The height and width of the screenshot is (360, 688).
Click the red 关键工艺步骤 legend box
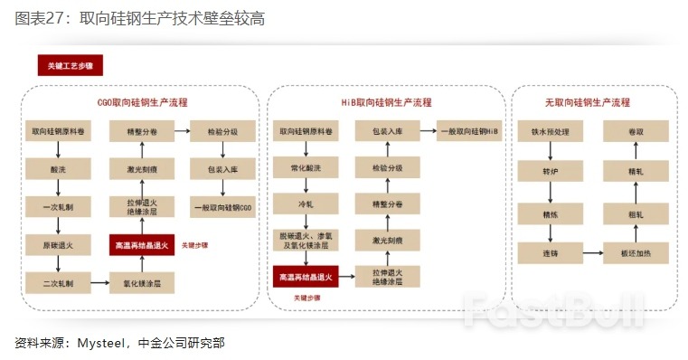(71, 66)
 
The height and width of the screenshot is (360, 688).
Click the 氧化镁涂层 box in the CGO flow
(141, 284)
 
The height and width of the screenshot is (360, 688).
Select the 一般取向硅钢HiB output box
(469, 131)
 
